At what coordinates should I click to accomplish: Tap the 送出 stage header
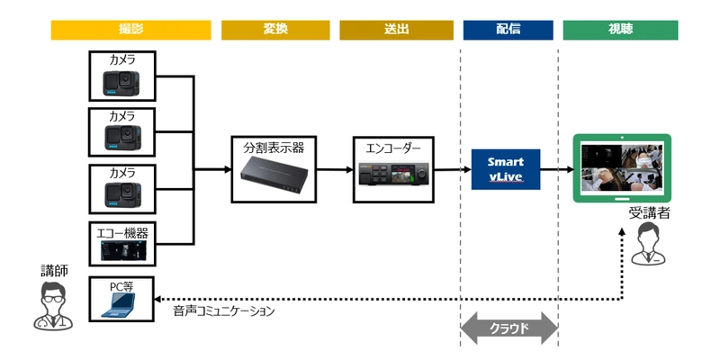coord(396,29)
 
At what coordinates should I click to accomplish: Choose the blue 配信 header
coord(508,29)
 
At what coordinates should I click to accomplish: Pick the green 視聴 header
coord(620,29)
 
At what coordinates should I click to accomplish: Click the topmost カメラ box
coord(122,76)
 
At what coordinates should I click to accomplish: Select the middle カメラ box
coord(122,132)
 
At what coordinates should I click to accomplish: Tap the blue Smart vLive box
coord(505,168)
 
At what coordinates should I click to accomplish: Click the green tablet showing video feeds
coord(623,168)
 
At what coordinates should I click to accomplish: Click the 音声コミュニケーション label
coord(223,310)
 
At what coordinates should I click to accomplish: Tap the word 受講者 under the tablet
coord(646,215)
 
